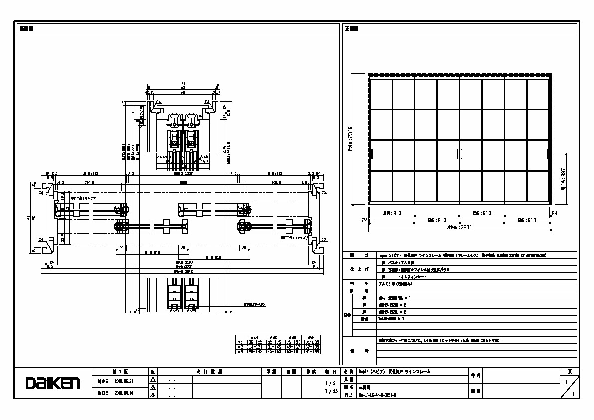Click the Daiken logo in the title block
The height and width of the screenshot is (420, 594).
pos(53,383)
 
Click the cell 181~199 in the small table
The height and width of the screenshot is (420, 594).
pos(313,351)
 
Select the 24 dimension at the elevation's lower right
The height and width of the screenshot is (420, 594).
pos(555,213)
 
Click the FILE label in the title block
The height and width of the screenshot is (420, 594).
pos(348,394)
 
